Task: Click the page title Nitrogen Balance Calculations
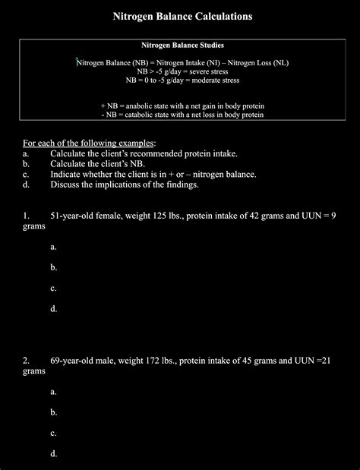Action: coord(182,16)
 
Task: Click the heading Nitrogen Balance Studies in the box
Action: coord(182,46)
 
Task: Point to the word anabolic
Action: coord(139,106)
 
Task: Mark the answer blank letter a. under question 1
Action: coord(54,247)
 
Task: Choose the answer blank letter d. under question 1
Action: coord(54,308)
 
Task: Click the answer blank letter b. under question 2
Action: coord(54,412)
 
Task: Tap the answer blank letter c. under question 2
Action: coord(54,433)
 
